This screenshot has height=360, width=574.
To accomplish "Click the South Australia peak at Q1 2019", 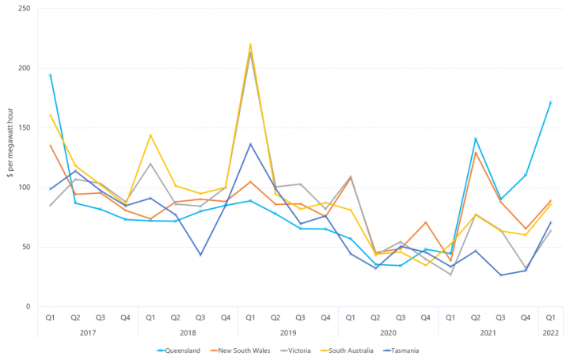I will point(250,44).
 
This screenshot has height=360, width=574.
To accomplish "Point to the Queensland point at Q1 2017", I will point(50,75).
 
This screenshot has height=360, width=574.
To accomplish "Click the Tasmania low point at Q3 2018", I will point(200,255).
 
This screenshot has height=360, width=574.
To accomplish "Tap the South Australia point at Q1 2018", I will point(150,135).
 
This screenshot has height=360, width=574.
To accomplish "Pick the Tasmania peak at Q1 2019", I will point(250,144).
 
